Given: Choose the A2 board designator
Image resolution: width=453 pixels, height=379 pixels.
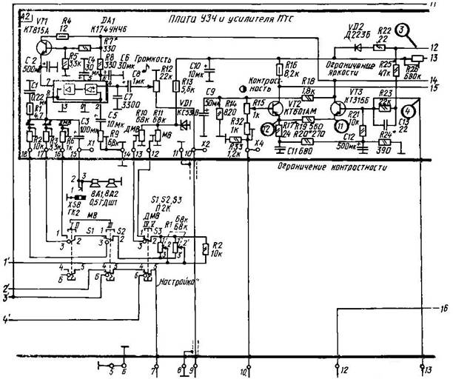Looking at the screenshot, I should pyautogui.click(x=23, y=16).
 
